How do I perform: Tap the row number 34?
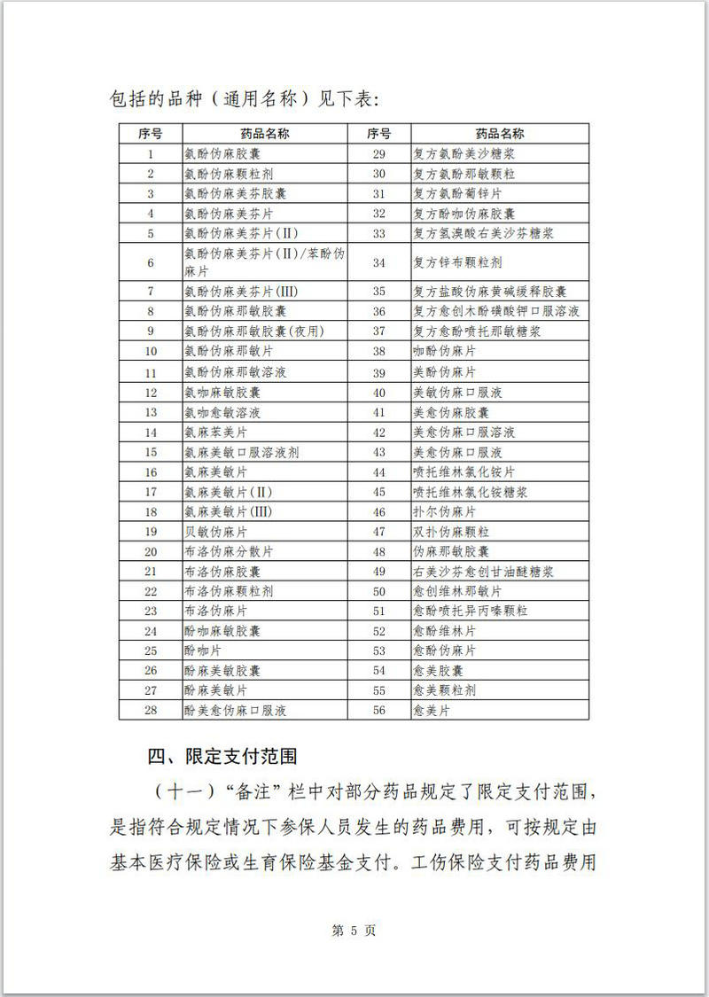[x=378, y=262]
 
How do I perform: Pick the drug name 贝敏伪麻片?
[x=215, y=532]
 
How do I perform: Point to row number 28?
[x=151, y=711]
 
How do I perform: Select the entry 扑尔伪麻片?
[x=445, y=512]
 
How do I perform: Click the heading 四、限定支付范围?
[x=222, y=756]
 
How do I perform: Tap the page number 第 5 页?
[x=354, y=931]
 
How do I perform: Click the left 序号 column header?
[x=151, y=134]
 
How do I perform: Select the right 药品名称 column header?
[x=499, y=134]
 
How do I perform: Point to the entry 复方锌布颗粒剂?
[x=457, y=262]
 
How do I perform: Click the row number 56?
[x=378, y=711]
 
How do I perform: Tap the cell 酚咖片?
[x=203, y=650]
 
